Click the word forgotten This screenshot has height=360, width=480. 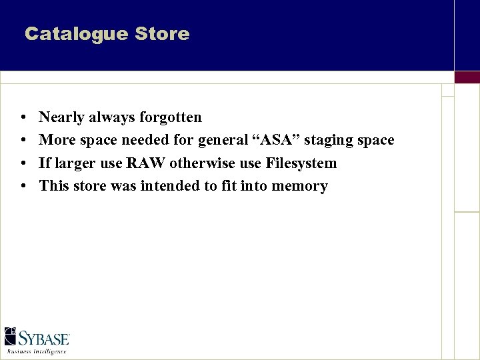171,117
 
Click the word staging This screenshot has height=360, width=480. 327,141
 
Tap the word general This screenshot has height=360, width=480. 220,141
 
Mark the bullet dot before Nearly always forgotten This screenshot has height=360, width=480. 23,118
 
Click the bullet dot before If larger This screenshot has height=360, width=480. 23,163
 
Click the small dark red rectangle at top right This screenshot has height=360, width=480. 467,77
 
